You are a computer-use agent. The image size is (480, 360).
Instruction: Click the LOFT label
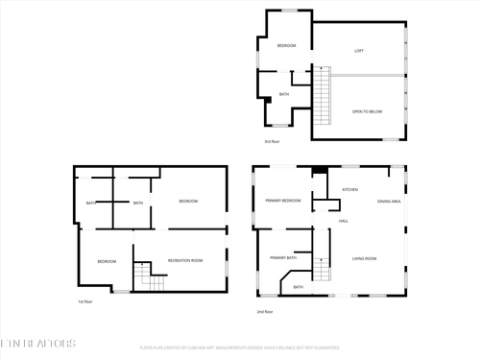(359, 51)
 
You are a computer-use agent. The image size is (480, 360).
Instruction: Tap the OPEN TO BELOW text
(366, 111)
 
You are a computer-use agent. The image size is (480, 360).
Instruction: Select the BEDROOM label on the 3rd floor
(286, 46)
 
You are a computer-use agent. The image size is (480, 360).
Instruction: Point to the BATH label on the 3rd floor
(284, 94)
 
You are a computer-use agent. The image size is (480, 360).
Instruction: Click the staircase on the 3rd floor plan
(324, 97)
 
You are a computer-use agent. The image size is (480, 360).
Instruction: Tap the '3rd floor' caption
(272, 141)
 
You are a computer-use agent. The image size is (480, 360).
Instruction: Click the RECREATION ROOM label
(184, 261)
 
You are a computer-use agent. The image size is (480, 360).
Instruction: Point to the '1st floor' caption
(84, 301)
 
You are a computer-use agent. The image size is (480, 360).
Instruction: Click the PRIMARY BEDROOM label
(283, 201)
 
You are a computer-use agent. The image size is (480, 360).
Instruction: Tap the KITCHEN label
(349, 190)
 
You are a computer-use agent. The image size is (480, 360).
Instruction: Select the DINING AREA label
(389, 201)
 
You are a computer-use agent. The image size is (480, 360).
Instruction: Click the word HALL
(343, 221)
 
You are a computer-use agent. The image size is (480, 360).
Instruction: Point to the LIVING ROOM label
(364, 258)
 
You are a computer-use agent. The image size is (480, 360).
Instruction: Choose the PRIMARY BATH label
(283, 257)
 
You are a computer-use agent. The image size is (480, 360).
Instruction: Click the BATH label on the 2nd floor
(298, 287)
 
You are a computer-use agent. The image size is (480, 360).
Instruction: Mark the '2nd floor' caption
(265, 311)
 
